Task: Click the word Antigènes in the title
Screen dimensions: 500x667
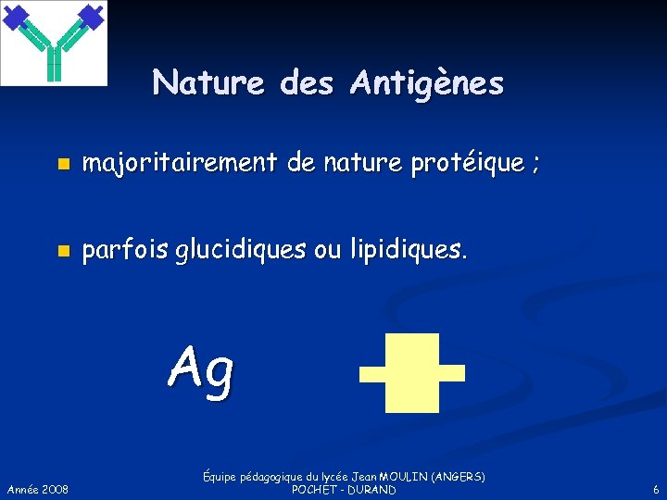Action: coord(427,84)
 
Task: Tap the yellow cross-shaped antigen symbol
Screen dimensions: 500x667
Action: coord(412,372)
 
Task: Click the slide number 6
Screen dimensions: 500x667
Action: coord(656,489)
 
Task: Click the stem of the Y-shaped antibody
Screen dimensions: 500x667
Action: coord(53,64)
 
